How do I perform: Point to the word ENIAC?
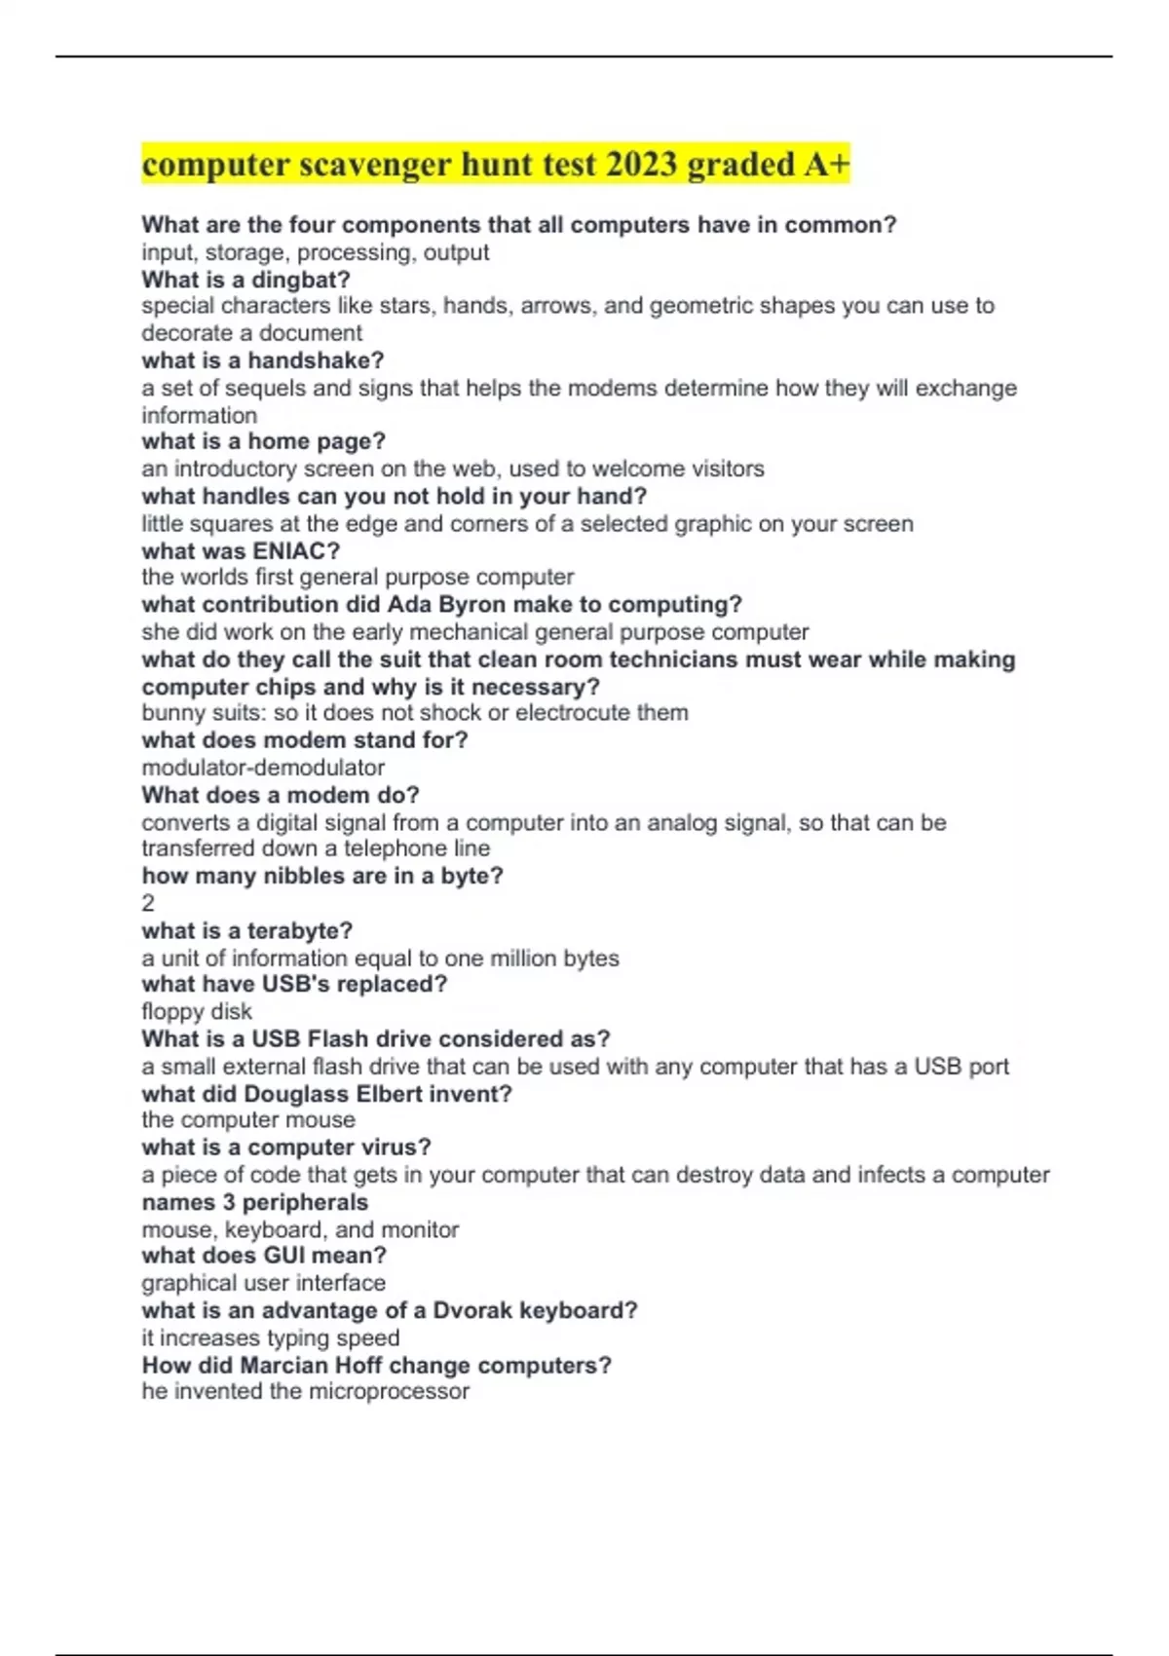pyautogui.click(x=288, y=550)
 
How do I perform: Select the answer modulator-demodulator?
pyautogui.click(x=263, y=768)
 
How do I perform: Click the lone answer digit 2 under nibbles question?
pyautogui.click(x=148, y=903)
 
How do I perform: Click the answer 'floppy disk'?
pyautogui.click(x=197, y=1011)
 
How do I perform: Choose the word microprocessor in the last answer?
pyautogui.click(x=388, y=1391)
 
